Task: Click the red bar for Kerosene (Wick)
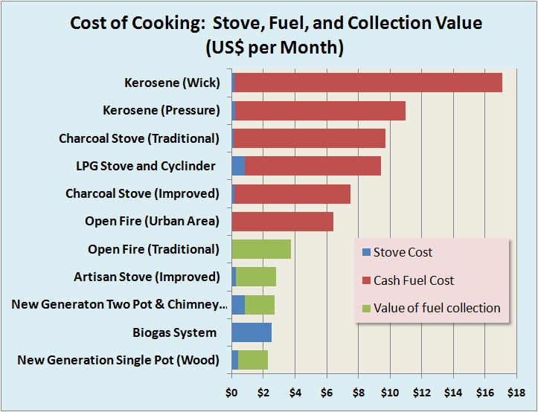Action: [x=368, y=83]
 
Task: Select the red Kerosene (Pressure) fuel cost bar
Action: [x=320, y=111]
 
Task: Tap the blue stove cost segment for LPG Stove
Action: [x=238, y=166]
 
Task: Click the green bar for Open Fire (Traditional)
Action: [x=261, y=249]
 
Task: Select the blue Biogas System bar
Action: [x=252, y=332]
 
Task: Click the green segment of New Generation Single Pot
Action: [x=253, y=360]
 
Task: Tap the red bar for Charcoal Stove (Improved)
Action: [x=292, y=193]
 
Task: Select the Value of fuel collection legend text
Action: [x=437, y=308]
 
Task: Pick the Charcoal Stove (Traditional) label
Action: [x=139, y=138]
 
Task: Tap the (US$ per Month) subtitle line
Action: [x=276, y=49]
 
